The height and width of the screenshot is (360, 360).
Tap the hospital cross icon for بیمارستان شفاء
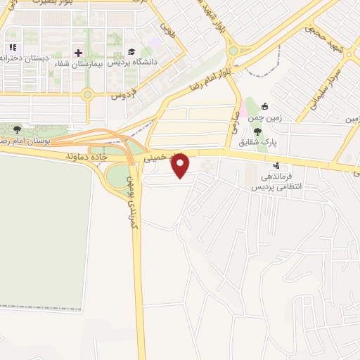[78, 53]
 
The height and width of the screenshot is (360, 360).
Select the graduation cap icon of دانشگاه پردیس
[131, 53]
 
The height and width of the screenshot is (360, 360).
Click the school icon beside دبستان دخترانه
[12, 48]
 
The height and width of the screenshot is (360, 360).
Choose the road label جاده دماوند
[84, 154]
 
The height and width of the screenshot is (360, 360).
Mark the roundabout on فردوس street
[87, 94]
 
